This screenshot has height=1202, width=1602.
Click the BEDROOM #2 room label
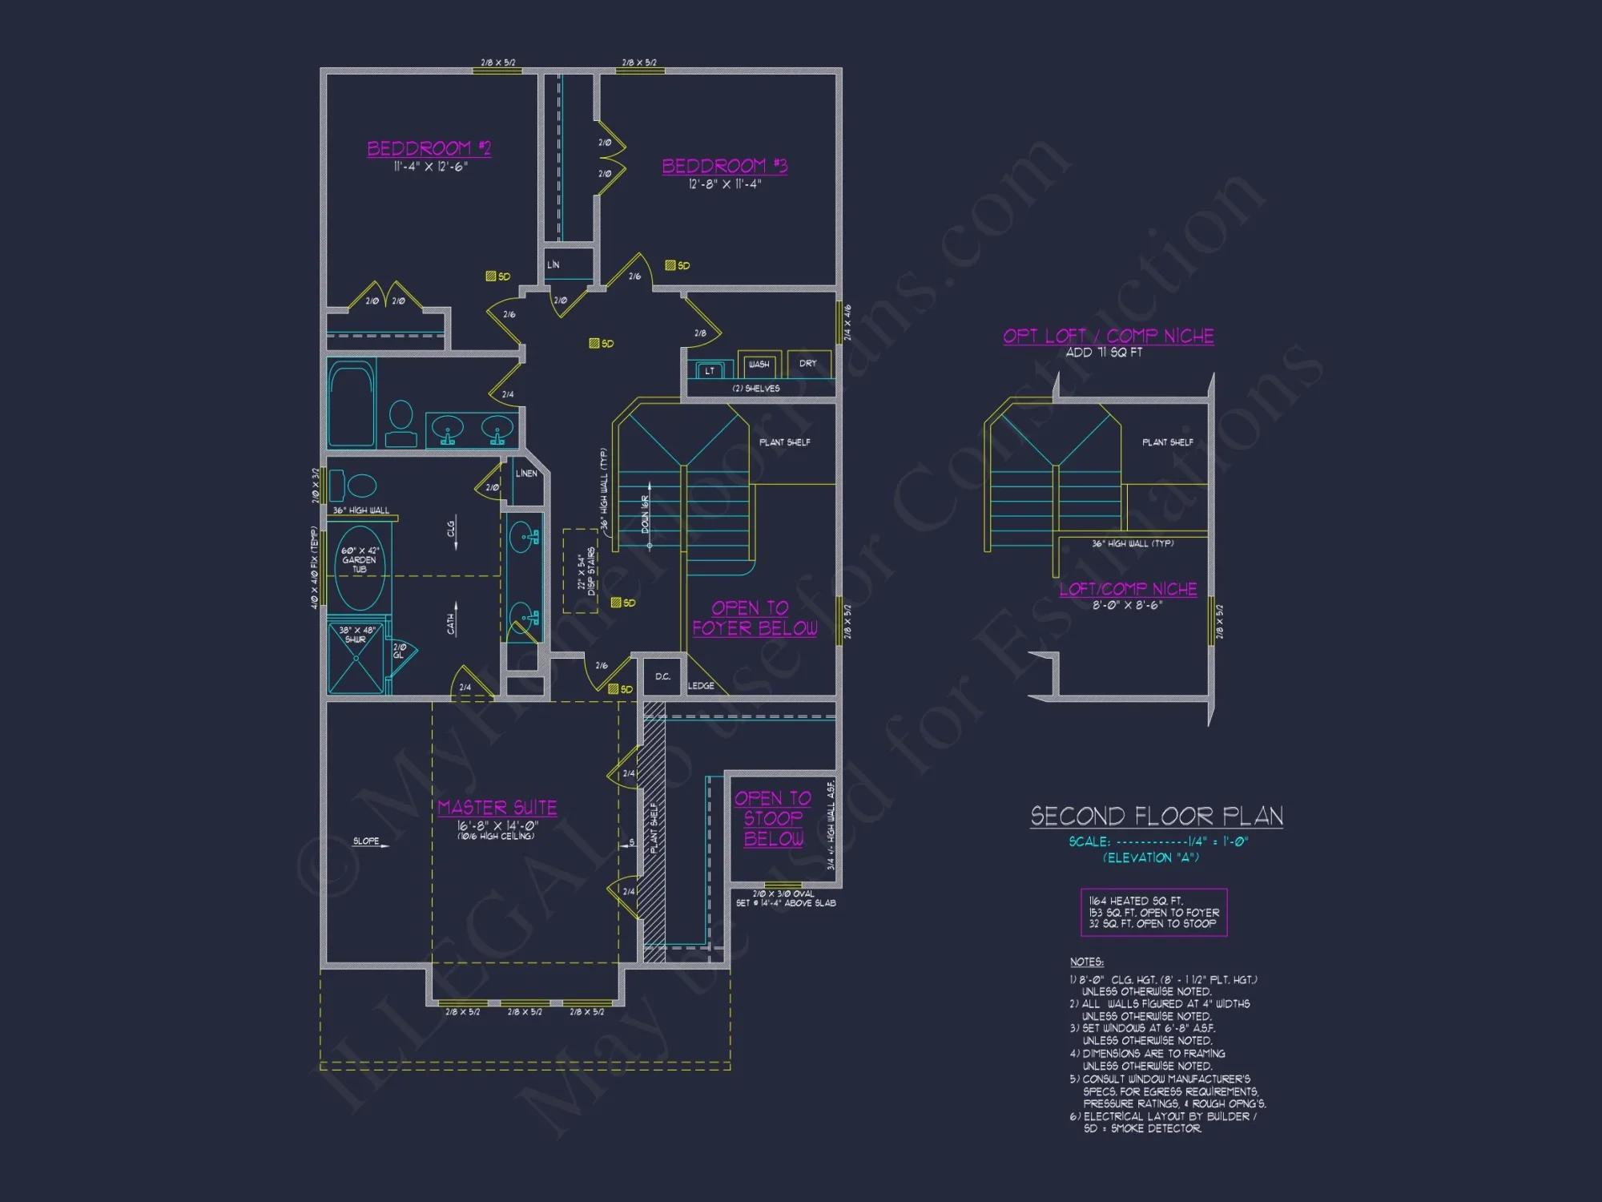pos(429,149)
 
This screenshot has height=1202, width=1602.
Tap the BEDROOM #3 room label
pos(724,167)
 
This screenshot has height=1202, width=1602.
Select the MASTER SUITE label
pos(497,808)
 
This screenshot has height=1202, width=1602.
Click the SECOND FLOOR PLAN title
pos(1156,817)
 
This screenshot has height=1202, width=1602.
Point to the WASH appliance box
pos(759,365)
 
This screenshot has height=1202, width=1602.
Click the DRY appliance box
pos(808,365)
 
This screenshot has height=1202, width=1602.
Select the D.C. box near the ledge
pos(663,677)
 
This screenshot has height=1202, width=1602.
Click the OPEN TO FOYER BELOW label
pos(754,619)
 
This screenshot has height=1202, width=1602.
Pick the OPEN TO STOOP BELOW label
pos(773,819)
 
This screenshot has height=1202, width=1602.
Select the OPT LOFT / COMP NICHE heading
pos(1108,336)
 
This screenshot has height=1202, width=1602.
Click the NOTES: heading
pos(1086,962)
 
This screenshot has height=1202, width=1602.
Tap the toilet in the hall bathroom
pos(400,423)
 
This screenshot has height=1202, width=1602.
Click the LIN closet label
pos(553,265)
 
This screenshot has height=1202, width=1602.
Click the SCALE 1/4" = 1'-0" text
pos(1157,841)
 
